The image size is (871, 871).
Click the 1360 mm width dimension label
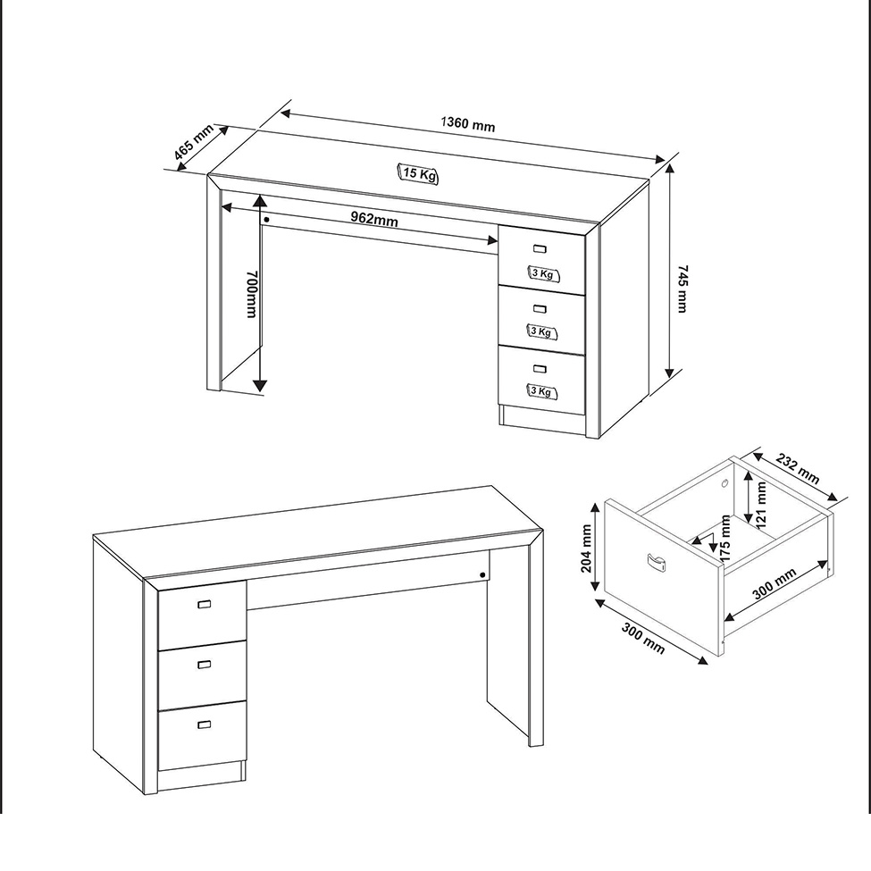468,124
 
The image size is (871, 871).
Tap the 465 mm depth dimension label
193,142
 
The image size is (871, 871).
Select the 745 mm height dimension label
683,289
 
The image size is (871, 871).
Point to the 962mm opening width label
374,218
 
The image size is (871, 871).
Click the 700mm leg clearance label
252,294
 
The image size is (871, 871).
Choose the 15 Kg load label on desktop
418,174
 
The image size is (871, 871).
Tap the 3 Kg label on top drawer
543,273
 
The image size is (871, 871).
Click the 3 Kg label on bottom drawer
541,391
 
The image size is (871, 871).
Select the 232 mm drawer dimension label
798,468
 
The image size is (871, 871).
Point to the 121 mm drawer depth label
760,505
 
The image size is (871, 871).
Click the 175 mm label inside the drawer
724,538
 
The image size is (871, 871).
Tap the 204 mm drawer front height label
586,549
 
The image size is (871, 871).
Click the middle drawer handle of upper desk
540,309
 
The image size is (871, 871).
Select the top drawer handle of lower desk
205,604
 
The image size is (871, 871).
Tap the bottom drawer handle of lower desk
205,724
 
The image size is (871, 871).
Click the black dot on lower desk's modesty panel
482,575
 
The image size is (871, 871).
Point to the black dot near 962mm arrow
266,220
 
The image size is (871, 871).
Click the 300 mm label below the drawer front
643,638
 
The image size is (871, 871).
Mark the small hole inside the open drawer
724,484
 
